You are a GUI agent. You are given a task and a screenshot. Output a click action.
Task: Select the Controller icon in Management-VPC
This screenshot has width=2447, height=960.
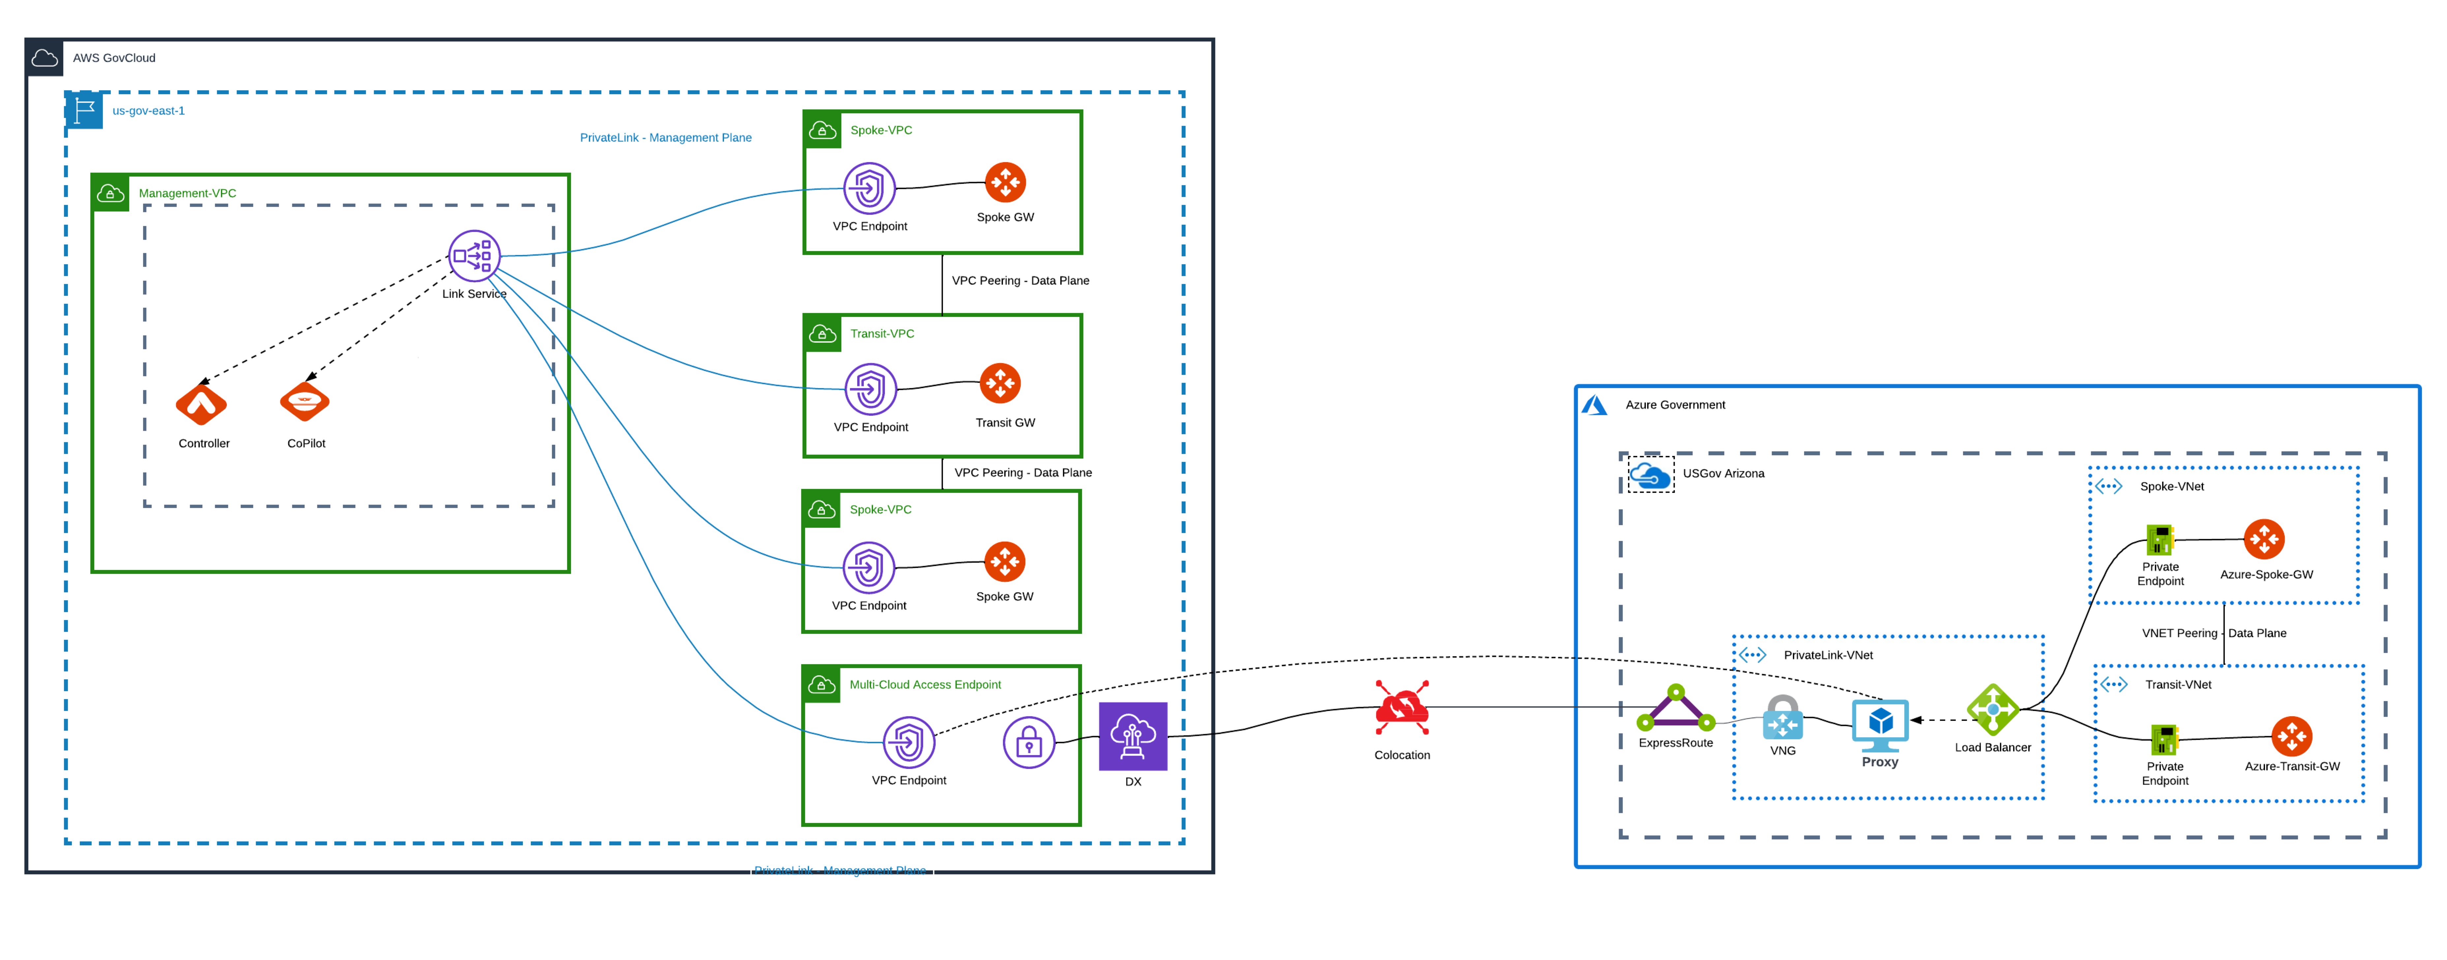click(x=201, y=405)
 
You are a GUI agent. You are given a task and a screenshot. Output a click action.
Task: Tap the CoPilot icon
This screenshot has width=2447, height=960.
click(x=305, y=402)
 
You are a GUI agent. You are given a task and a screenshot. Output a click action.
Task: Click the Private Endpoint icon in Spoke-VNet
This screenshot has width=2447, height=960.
click(x=2160, y=540)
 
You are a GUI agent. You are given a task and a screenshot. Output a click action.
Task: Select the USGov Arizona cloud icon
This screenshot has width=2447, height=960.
click(x=1650, y=475)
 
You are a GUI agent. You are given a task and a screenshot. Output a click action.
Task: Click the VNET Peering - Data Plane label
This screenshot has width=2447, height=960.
click(x=2213, y=633)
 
